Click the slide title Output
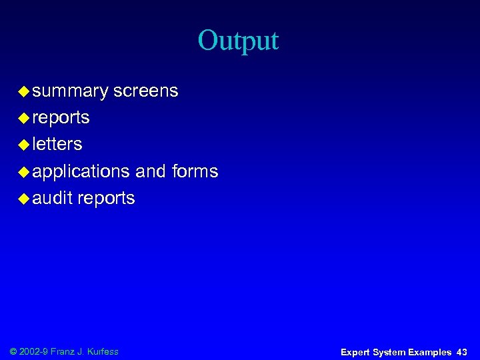238,41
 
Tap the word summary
70,91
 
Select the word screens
145,91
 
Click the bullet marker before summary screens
23,91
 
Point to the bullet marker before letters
23,145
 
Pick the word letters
57,144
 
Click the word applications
81,171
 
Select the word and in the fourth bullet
151,171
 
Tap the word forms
195,171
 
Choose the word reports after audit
106,199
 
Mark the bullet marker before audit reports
23,199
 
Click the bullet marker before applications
23,172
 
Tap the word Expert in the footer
355,352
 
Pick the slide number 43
462,352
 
